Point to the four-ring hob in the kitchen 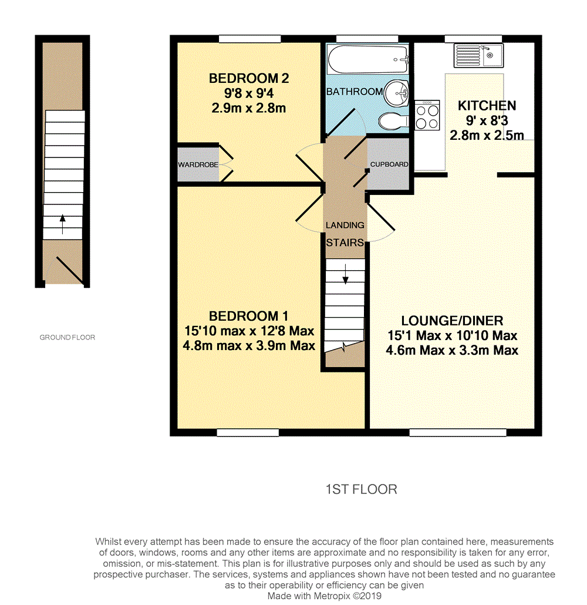click(x=427, y=116)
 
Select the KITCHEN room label click(x=487, y=106)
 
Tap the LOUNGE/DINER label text click(x=452, y=321)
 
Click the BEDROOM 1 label click(x=248, y=316)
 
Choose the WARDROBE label click(x=198, y=164)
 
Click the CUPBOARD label click(x=389, y=164)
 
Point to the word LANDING click(x=345, y=225)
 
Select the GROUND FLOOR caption click(x=67, y=337)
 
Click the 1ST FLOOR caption click(x=361, y=489)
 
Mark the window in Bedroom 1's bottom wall click(x=248, y=433)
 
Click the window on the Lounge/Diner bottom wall click(x=457, y=433)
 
